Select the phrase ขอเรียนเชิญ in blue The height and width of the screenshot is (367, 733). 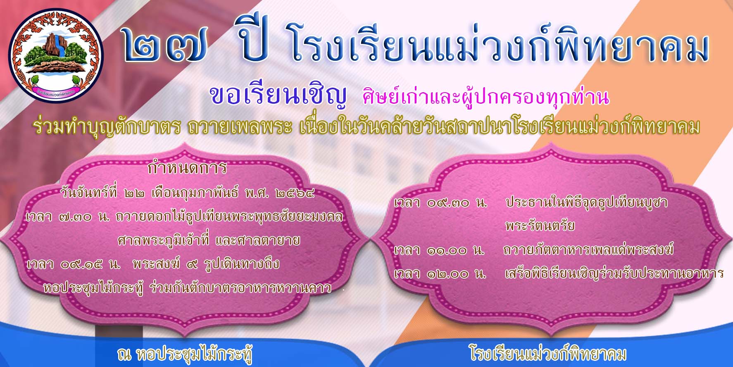click(x=278, y=95)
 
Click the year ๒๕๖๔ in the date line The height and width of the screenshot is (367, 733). click(x=295, y=193)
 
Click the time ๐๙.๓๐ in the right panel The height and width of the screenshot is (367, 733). click(x=448, y=203)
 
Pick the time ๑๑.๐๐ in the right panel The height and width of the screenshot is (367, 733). click(x=447, y=250)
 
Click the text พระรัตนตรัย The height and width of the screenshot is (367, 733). click(x=540, y=226)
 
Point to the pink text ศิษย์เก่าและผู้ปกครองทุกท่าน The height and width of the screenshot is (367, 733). click(x=485, y=97)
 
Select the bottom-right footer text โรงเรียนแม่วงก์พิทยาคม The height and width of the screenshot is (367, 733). click(x=547, y=354)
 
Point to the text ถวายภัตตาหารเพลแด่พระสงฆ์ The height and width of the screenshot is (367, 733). click(x=588, y=250)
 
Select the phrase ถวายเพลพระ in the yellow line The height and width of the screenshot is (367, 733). click(x=239, y=128)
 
